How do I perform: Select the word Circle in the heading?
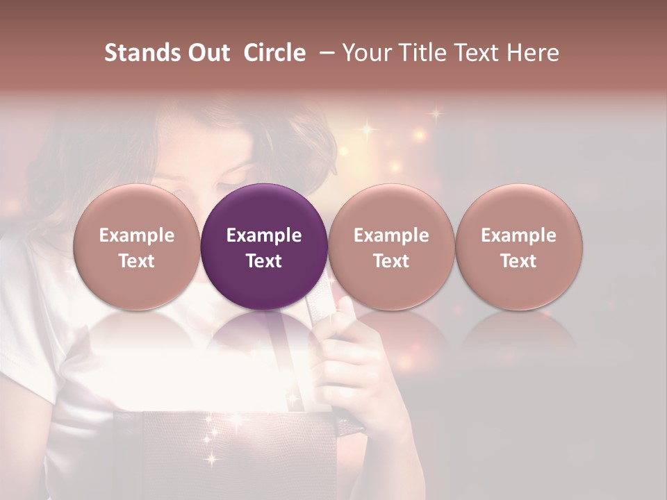click(x=274, y=53)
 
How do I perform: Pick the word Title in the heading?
click(x=420, y=53)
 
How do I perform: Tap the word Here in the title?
click(x=534, y=53)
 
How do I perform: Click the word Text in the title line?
click(x=476, y=53)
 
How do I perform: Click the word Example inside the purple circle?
click(x=264, y=235)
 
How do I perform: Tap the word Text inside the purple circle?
click(x=264, y=261)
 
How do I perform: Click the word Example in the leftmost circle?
click(x=136, y=235)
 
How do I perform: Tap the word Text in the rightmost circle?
click(x=518, y=261)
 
